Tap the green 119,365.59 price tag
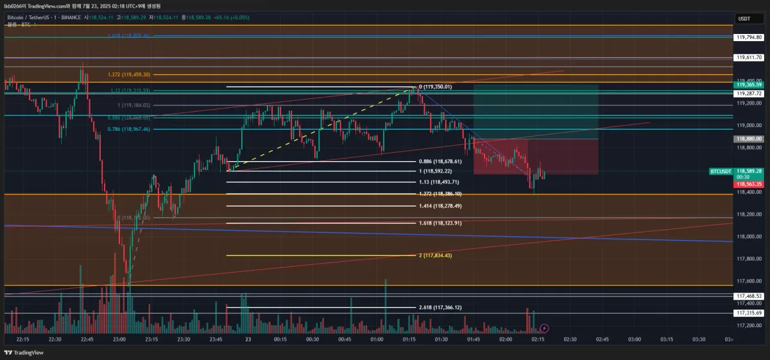(x=749, y=85)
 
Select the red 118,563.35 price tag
(x=749, y=184)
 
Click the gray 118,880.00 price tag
(x=749, y=139)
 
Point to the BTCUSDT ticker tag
(x=721, y=171)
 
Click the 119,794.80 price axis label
(x=749, y=38)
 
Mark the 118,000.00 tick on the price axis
(x=749, y=237)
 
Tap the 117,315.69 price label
(x=749, y=313)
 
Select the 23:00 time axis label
(x=119, y=339)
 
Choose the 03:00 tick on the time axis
(x=634, y=339)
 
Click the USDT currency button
(x=744, y=19)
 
